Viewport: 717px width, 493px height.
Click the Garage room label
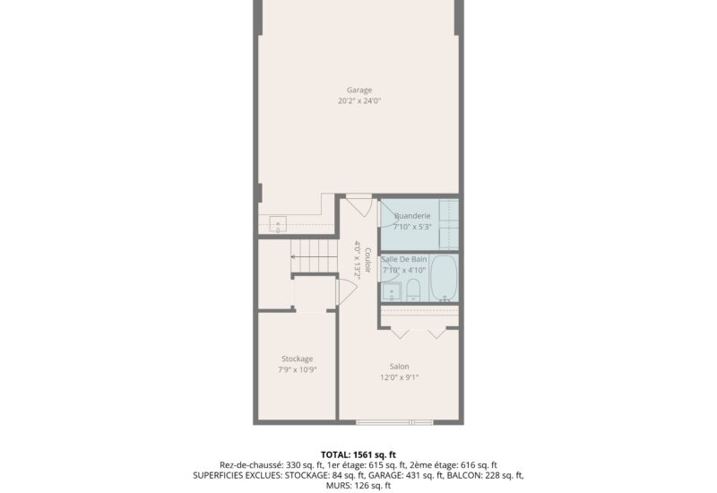coord(359,90)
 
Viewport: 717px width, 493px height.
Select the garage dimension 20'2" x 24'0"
coord(359,101)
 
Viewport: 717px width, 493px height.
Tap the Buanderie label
coord(413,216)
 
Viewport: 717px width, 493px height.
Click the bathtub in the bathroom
coord(444,278)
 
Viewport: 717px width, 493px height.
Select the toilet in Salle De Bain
coord(414,290)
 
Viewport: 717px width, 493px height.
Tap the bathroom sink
coord(390,291)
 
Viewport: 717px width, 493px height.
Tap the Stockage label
coord(297,359)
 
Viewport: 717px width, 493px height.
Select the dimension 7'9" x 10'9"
coord(297,369)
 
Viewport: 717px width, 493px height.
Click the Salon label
coord(399,366)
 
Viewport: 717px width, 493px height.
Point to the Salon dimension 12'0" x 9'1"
coord(399,377)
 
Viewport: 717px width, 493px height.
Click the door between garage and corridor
coord(358,203)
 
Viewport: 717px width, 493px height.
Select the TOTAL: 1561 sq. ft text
coord(358,454)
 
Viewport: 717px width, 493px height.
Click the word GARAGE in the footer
coord(371,475)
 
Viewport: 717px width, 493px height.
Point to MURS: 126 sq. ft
coord(358,486)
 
